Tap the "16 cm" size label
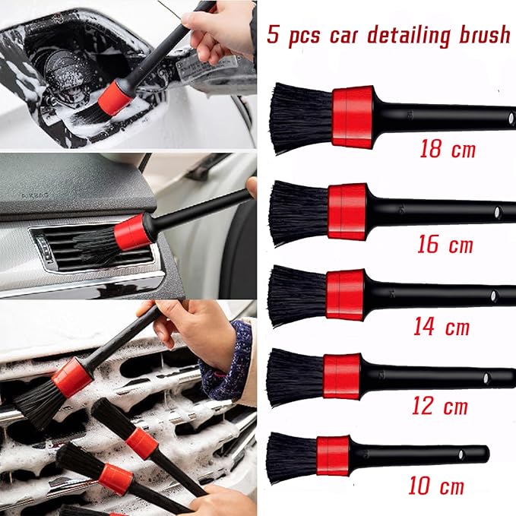pos(445,244)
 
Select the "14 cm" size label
pos(442,327)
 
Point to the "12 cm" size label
pos(439,406)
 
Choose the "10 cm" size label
pos(436,485)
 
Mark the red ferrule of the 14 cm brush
pos(344,294)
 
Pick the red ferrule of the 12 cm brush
pos(341,375)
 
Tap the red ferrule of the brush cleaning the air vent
pos(133,231)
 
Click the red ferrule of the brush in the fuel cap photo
pos(115,98)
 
